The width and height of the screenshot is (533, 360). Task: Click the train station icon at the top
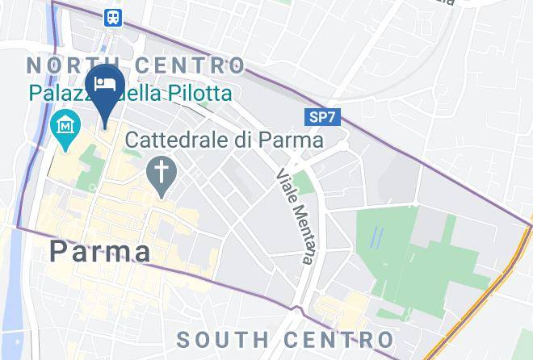tap(113, 17)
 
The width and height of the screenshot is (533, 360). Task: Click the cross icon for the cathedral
tap(162, 171)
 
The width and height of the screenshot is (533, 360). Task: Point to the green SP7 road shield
tap(324, 118)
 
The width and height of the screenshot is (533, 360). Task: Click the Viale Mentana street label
tap(294, 216)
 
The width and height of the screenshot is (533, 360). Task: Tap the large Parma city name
tap(100, 251)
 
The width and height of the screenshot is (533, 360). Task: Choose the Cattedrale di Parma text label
tap(225, 140)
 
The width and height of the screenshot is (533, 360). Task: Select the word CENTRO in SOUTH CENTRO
tap(339, 339)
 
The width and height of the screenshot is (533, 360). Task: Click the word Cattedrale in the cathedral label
tap(174, 140)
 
